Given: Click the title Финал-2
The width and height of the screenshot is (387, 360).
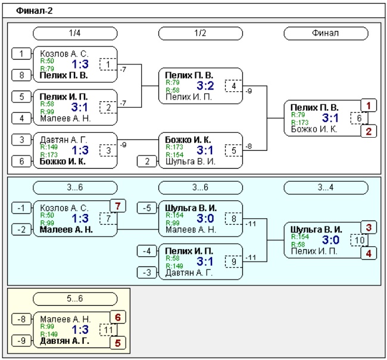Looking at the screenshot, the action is pyautogui.click(x=35, y=11).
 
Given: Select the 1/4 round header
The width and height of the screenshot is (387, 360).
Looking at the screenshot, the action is pyautogui.click(x=75, y=33).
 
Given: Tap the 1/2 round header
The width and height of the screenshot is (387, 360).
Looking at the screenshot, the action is pyautogui.click(x=201, y=33).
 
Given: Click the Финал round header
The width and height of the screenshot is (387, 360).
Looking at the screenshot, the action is pyautogui.click(x=326, y=33).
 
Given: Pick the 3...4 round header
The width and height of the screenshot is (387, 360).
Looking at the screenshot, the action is pyautogui.click(x=326, y=188).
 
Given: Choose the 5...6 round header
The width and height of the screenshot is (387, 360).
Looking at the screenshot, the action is pyautogui.click(x=75, y=299).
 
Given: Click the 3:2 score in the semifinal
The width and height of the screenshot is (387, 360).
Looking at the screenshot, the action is pyautogui.click(x=205, y=86).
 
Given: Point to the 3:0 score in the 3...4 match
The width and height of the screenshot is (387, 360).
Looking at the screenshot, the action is pyautogui.click(x=330, y=240).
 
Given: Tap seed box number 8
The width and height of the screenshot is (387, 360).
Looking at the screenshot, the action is pyautogui.click(x=21, y=75).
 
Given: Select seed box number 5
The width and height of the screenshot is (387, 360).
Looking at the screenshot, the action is pyautogui.click(x=21, y=97).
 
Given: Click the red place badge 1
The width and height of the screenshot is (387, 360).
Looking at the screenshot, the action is pyautogui.click(x=369, y=105).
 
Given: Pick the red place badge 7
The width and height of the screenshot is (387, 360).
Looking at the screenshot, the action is pyautogui.click(x=118, y=206).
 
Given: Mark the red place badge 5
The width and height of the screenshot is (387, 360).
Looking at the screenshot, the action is pyautogui.click(x=118, y=343).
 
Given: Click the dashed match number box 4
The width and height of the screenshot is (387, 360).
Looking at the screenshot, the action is pyautogui.click(x=233, y=86).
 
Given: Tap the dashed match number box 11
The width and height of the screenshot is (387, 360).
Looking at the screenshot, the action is pyautogui.click(x=108, y=330).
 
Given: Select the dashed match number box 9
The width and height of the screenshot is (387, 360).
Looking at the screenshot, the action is pyautogui.click(x=233, y=262).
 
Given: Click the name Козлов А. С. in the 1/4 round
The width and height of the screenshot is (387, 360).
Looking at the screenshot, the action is pyautogui.click(x=64, y=54).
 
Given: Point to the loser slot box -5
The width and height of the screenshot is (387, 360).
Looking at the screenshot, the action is pyautogui.click(x=147, y=208).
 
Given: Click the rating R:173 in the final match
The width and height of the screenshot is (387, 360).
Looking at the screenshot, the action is pyautogui.click(x=300, y=122).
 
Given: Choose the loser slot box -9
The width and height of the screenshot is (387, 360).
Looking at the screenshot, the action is pyautogui.click(x=21, y=341).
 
